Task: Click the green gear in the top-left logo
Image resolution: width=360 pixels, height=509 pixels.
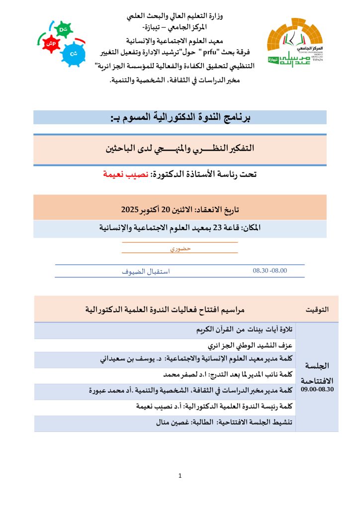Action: coord(63,30)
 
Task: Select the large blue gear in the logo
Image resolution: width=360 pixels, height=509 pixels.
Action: coord(74,52)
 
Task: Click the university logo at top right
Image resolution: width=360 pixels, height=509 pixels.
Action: coord(295,42)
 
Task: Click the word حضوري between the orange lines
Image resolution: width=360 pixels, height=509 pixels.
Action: coord(180,248)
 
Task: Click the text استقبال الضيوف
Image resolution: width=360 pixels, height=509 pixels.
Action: coord(146,272)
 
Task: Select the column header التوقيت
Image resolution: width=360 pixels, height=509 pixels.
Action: coord(318,309)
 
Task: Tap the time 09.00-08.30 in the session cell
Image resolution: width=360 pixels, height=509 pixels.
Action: coord(318,391)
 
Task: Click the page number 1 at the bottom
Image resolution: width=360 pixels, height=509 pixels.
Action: coord(180,476)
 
